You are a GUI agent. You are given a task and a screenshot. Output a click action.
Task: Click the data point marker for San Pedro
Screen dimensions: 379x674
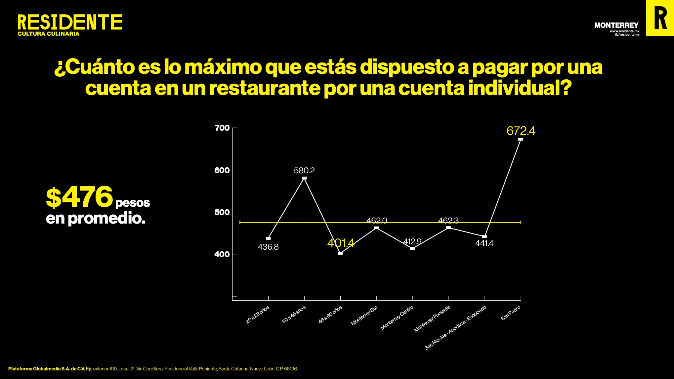[x=520, y=139]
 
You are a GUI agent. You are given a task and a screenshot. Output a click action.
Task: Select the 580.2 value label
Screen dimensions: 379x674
[x=304, y=171]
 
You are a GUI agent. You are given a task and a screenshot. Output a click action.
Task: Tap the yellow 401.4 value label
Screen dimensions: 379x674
[x=341, y=243]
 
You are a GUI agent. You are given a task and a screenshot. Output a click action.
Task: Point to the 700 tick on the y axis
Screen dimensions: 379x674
[x=222, y=128]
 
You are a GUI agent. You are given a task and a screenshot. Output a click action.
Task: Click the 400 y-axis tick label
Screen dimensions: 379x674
[x=222, y=254]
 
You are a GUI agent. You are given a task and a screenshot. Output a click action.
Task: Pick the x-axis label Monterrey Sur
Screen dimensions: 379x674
[x=364, y=316]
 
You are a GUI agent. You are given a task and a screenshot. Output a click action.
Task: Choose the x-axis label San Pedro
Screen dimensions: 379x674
[x=511, y=313]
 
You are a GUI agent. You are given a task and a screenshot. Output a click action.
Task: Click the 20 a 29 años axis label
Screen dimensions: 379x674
[x=257, y=315]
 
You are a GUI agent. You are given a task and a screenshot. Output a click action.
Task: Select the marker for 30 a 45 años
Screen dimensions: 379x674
[x=304, y=178]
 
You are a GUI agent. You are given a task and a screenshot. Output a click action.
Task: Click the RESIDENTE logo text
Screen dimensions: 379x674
[x=70, y=22]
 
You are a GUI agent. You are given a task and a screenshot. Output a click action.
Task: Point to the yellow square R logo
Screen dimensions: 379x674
[x=660, y=18]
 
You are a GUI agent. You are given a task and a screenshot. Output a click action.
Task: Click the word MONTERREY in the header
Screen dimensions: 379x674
[x=616, y=25]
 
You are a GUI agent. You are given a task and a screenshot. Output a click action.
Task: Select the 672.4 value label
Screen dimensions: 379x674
[x=521, y=131]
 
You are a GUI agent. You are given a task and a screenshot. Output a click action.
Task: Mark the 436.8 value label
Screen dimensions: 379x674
[x=268, y=247]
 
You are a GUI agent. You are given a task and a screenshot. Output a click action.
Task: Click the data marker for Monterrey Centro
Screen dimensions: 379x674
[x=412, y=248]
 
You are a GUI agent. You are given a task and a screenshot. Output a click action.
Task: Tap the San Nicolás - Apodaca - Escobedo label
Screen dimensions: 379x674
[x=455, y=327]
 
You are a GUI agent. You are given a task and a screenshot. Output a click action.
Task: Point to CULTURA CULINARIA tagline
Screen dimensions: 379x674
[x=49, y=34]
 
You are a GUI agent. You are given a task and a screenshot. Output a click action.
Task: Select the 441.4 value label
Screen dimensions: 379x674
[x=484, y=243]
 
